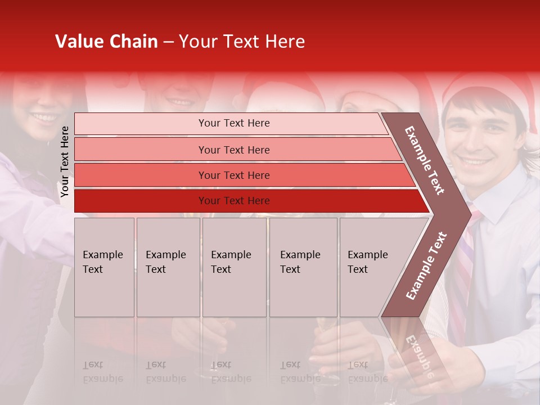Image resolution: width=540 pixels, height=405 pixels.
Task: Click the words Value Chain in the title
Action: [x=106, y=42]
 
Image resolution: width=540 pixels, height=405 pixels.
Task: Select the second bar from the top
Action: [x=233, y=150]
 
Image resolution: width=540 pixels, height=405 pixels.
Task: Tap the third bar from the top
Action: [x=233, y=175]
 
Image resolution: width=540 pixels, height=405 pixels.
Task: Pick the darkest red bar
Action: [x=233, y=201]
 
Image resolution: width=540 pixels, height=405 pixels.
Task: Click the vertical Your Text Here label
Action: [x=65, y=161]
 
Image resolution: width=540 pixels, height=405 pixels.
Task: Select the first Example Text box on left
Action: [x=104, y=267]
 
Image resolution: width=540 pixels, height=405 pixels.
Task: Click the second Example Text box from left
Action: [x=168, y=267]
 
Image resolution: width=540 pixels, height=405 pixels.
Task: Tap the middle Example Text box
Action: [x=234, y=267]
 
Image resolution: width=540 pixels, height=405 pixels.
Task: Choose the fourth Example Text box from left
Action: [x=303, y=267]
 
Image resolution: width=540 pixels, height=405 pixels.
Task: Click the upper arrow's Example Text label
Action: [x=425, y=160]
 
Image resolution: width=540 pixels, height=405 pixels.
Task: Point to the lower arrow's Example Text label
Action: [x=426, y=265]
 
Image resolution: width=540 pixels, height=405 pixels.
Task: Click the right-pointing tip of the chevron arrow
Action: [x=467, y=214]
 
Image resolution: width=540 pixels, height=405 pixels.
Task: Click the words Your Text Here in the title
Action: [x=242, y=42]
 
